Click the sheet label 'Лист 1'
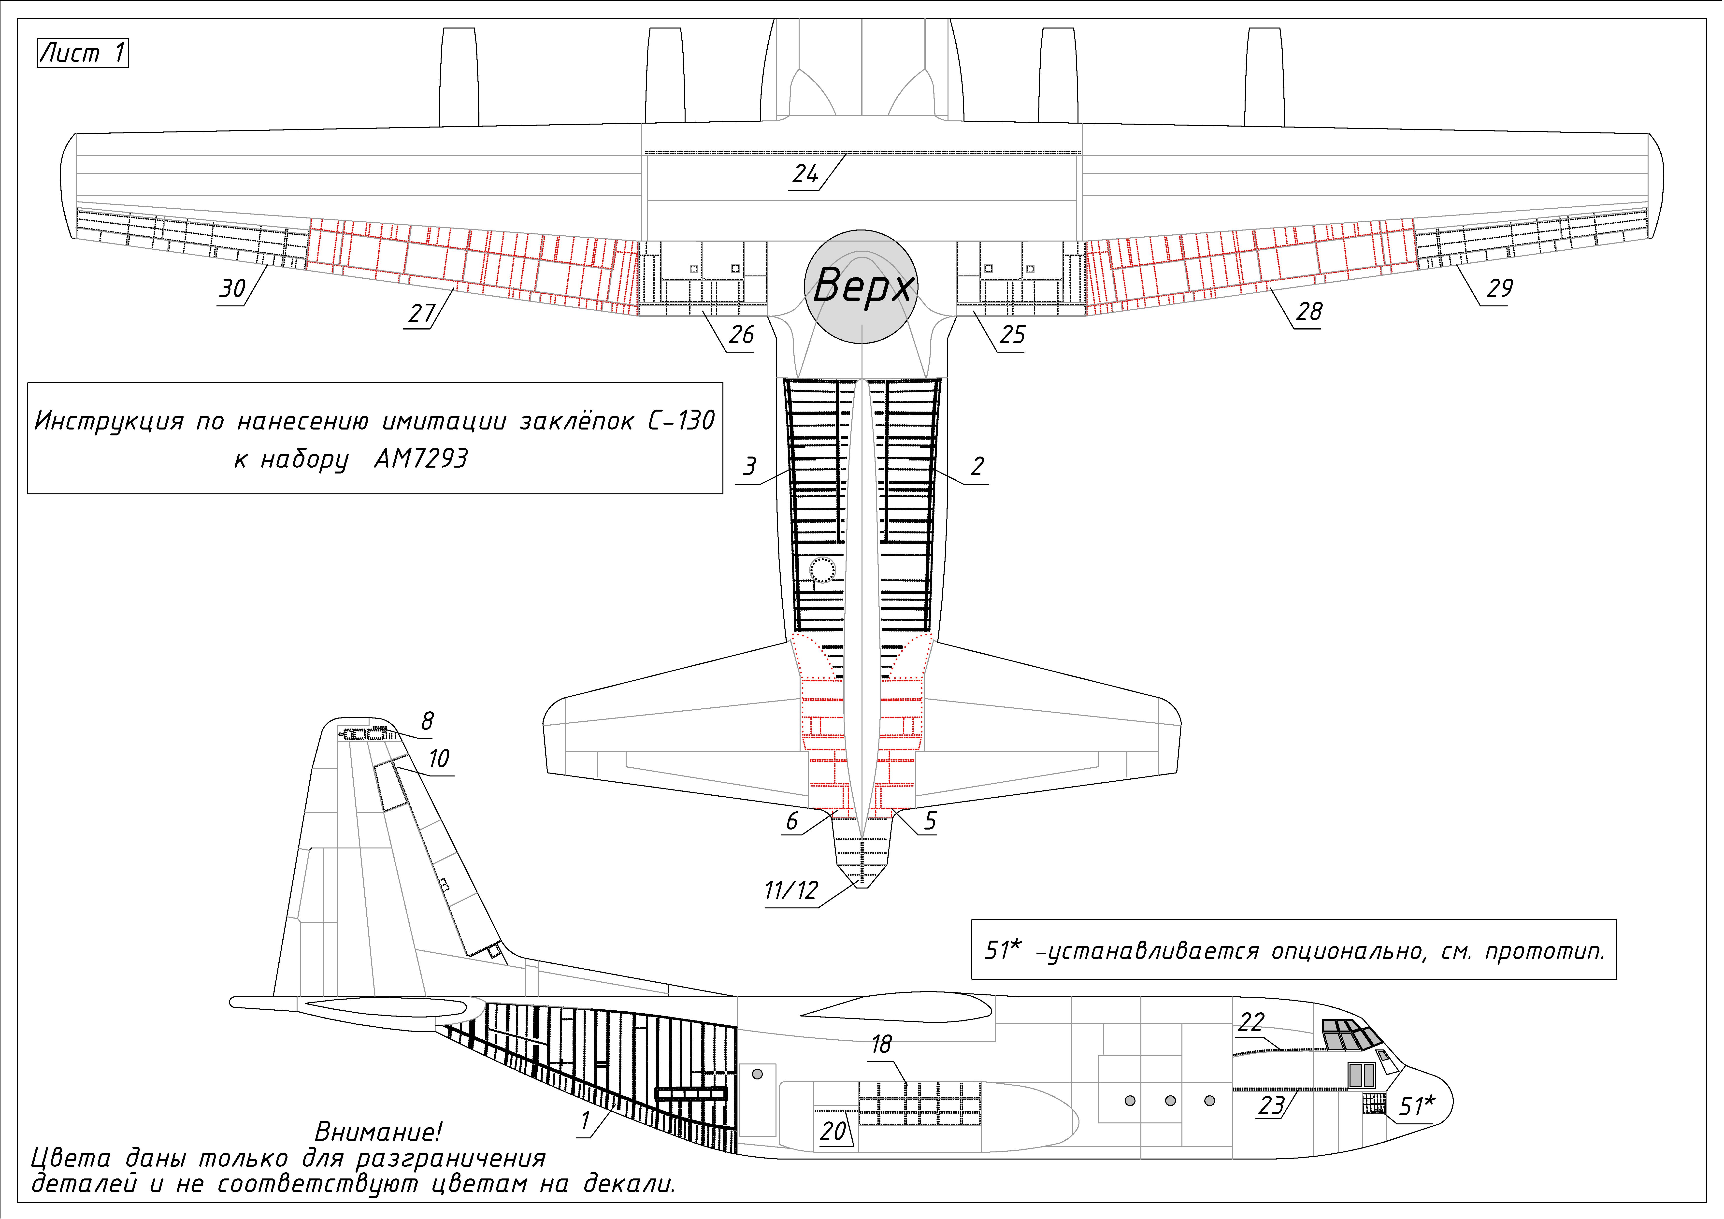(83, 53)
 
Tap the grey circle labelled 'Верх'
(861, 287)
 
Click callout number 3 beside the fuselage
(749, 466)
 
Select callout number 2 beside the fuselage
(977, 466)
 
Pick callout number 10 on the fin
(439, 759)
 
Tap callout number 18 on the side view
(881, 1044)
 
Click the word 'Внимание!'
(378, 1131)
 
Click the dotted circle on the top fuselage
(823, 570)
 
